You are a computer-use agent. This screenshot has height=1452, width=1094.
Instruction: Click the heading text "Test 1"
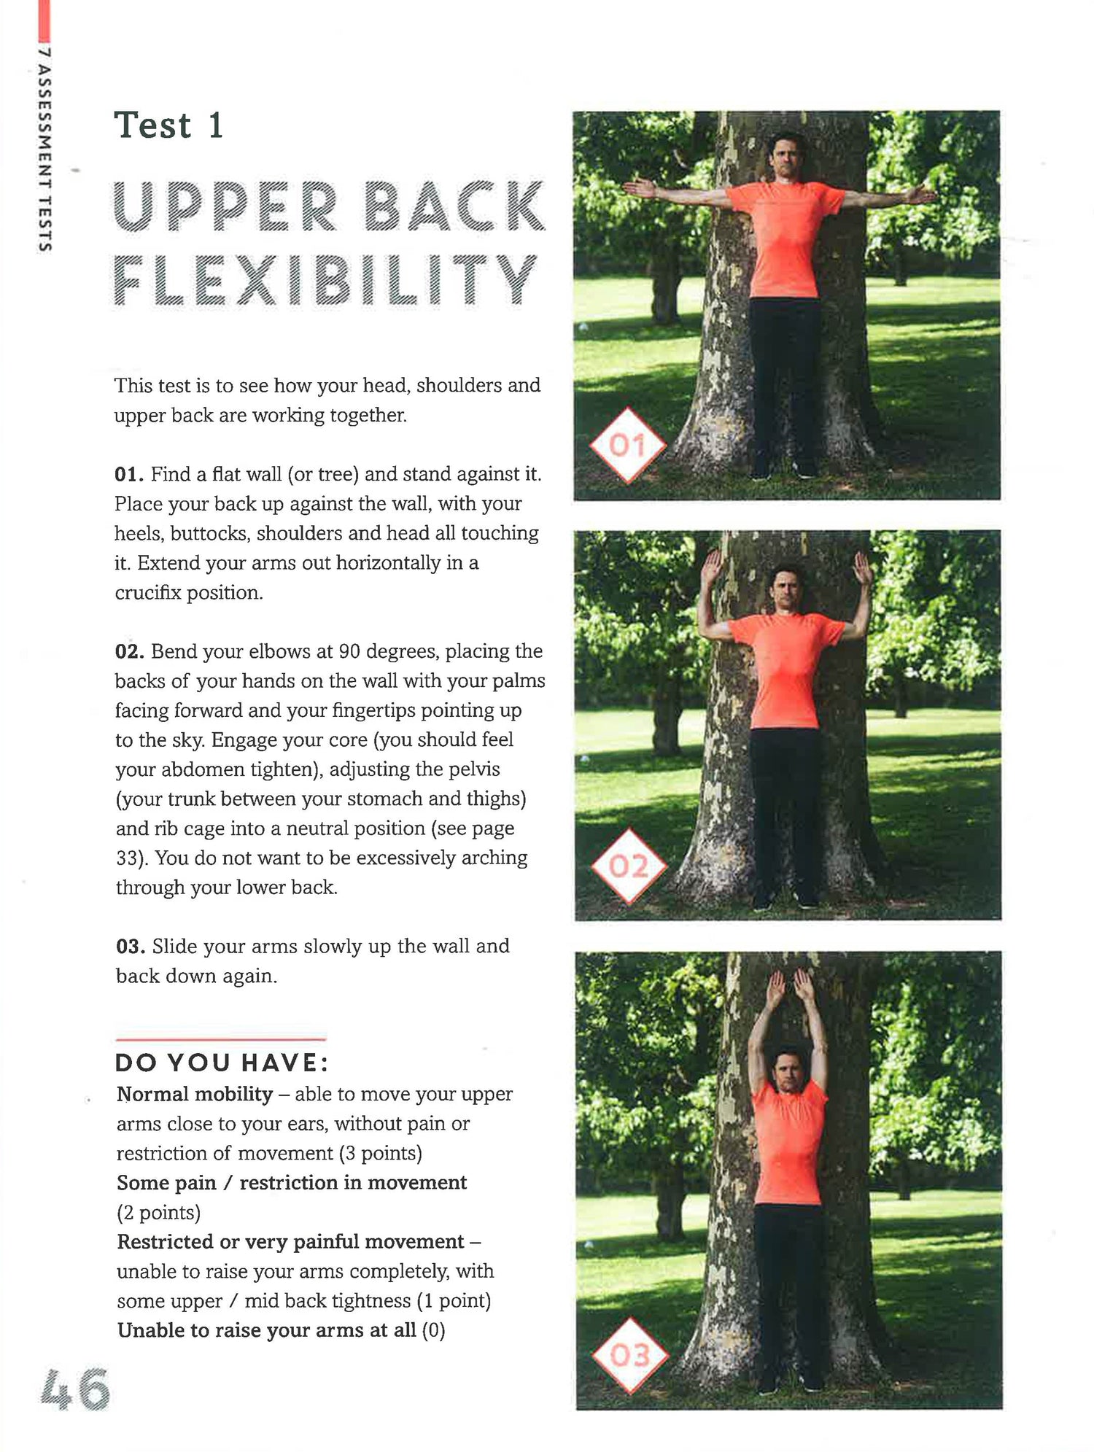[168, 125]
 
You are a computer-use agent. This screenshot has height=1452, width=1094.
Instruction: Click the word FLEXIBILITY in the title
[325, 280]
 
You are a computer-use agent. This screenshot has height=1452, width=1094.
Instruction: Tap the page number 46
[74, 1389]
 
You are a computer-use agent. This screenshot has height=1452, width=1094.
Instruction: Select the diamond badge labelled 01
[627, 445]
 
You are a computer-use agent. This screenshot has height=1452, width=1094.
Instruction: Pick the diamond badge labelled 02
[629, 866]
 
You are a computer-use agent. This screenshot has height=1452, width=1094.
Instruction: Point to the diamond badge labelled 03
[629, 1356]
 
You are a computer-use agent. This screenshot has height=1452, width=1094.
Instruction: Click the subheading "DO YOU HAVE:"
[222, 1063]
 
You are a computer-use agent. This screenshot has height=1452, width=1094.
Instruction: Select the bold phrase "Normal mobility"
[195, 1095]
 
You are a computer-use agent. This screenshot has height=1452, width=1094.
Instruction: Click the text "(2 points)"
[158, 1213]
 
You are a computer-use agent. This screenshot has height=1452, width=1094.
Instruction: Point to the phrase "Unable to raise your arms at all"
[267, 1330]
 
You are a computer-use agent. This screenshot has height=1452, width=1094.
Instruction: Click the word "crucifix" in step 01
[148, 593]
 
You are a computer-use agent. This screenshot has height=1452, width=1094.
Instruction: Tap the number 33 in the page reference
[127, 858]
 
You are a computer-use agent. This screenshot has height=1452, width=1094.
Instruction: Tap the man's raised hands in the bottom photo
[791, 990]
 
